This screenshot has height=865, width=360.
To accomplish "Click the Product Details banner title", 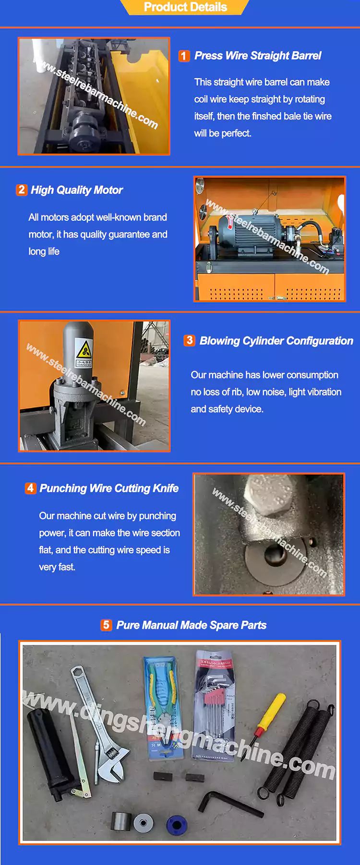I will pos(185,7).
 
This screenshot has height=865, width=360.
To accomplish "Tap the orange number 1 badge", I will pos(184,56).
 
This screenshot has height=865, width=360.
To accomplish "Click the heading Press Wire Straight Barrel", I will pos(258,56).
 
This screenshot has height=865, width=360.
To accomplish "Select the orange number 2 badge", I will pos(22,190).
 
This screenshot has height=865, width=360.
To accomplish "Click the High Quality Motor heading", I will pos(77,190).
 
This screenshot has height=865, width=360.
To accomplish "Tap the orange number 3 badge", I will pos(190,341).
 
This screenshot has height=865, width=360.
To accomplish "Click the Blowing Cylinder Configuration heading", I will pos(276,341).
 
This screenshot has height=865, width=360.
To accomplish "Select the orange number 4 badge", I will pos(30,488).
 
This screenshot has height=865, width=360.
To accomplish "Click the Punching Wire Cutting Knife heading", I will pos(109,488).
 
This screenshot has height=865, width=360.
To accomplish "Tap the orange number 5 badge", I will pos(106,625).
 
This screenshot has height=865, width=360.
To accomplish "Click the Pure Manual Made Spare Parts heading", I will pos(191,625).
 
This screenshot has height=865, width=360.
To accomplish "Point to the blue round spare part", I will pos(176,824).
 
